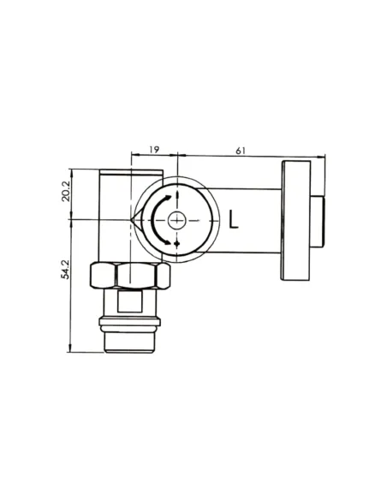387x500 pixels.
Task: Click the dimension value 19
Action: pyautogui.click(x=153, y=150)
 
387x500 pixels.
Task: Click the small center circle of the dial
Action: pyautogui.click(x=176, y=220)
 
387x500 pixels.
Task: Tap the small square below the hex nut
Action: pyautogui.click(x=129, y=301)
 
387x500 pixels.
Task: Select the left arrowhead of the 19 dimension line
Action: pyautogui.click(x=133, y=156)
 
